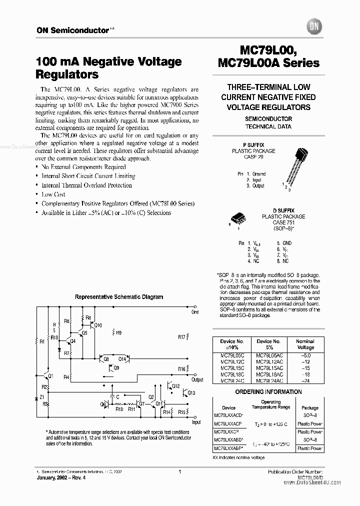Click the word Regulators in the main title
(x=67, y=74)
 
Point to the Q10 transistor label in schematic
(x=97, y=325)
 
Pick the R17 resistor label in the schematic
(x=181, y=336)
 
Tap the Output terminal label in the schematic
(x=197, y=379)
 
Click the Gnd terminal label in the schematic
(x=195, y=312)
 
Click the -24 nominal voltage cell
(x=305, y=380)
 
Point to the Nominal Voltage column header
(x=305, y=344)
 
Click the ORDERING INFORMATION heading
(x=268, y=391)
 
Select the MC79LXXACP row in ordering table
(x=228, y=422)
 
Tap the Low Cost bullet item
(x=53, y=194)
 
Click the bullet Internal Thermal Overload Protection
(x=86, y=185)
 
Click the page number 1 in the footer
(x=179, y=471)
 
